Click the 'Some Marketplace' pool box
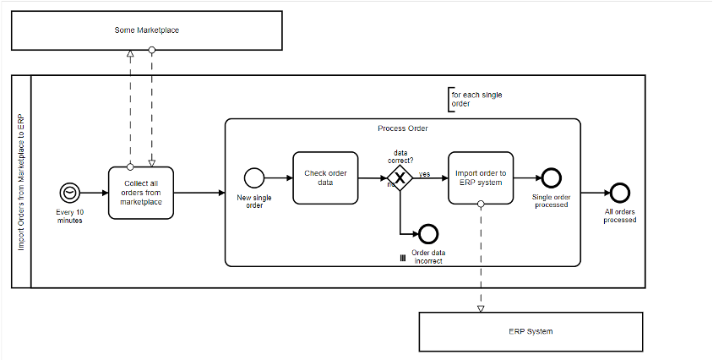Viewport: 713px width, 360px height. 146,30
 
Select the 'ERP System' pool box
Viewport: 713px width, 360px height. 530,331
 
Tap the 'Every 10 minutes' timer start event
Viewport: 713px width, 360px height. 69,193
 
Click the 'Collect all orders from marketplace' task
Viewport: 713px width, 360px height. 140,192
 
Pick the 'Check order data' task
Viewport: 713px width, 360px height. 324,177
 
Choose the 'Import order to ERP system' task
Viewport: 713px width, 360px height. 480,177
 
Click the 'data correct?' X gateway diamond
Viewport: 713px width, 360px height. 400,177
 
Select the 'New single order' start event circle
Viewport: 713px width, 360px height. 253,177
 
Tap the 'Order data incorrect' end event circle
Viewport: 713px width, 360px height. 428,234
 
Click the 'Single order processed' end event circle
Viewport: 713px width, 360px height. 551,177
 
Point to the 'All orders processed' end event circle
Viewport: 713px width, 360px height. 620,193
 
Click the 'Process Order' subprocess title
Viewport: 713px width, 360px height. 403,128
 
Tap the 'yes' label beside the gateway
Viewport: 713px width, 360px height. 425,173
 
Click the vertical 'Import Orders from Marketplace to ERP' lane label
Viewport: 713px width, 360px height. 22,182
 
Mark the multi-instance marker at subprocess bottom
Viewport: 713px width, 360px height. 403,258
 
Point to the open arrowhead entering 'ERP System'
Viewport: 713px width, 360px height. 481,308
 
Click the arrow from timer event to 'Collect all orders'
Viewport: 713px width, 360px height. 95,193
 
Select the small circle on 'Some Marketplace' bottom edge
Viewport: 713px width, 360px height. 152,51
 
